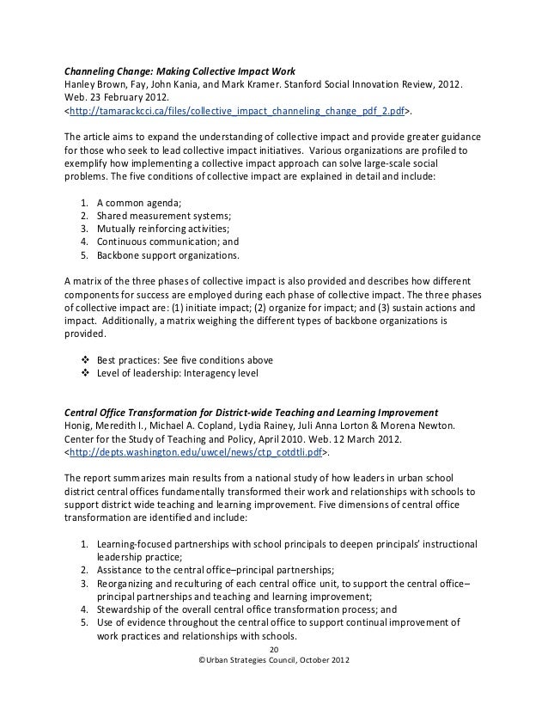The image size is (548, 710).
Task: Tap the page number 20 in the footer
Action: pos(274,648)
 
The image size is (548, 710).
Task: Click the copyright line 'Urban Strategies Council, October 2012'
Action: pos(274,661)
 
